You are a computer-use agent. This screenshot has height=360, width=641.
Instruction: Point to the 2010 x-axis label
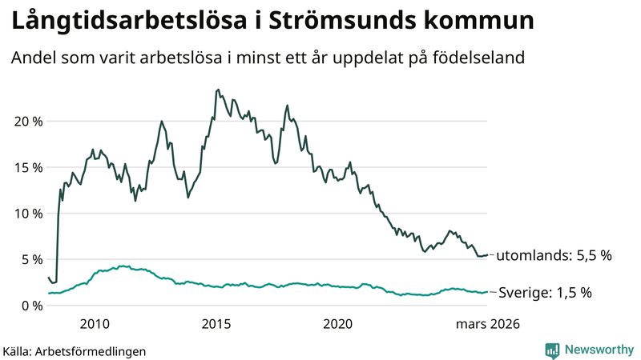point(95,324)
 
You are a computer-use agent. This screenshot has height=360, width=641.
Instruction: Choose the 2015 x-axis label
point(216,324)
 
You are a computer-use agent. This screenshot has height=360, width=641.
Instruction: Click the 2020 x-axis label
point(337,324)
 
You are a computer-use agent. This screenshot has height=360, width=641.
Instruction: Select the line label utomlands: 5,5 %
point(554,256)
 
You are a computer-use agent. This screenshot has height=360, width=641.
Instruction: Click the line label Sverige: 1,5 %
point(545,293)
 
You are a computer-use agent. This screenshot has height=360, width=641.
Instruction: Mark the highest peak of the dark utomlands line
point(219,90)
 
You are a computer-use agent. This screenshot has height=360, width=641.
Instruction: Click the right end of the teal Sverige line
point(487,292)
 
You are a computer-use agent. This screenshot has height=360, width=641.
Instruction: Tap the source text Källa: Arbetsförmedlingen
point(75,350)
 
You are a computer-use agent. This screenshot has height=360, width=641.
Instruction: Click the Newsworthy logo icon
point(552,350)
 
